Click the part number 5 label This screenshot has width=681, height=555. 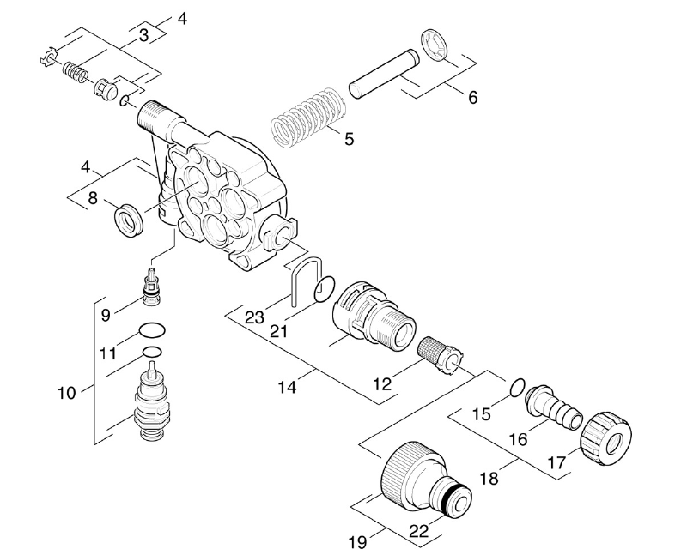350,139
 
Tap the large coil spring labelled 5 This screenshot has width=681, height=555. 308,118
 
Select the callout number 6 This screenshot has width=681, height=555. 472,97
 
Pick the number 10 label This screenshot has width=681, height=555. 67,393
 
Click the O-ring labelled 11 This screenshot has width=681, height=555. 152,330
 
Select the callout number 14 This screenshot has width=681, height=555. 288,387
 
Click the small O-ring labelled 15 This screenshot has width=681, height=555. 517,388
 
